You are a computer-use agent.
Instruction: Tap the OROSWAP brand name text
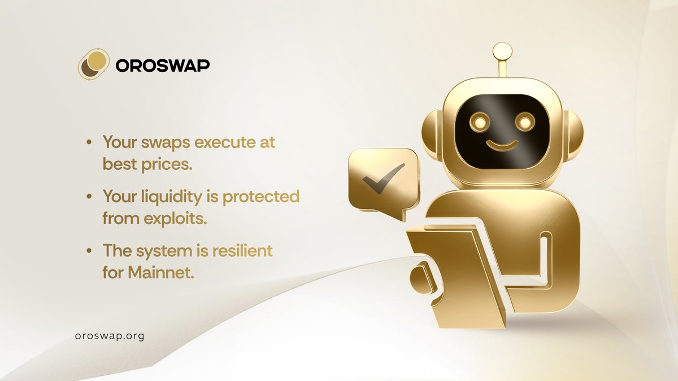[163, 65]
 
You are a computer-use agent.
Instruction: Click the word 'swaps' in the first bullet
[163, 142]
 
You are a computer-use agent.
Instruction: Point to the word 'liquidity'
[172, 197]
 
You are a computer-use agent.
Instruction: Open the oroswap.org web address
[110, 335]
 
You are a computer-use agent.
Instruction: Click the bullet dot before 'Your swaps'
[90, 143]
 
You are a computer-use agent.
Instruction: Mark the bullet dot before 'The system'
[90, 251]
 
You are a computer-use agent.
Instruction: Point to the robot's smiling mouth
[503, 145]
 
